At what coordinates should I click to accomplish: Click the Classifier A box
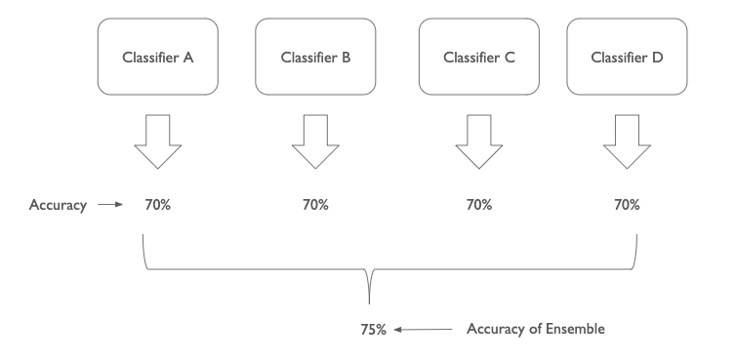tap(158, 58)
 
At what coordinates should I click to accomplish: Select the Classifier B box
tap(315, 58)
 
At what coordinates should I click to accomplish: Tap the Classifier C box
tap(479, 58)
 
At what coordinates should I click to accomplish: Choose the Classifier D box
tap(627, 58)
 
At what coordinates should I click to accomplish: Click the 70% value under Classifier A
tap(157, 205)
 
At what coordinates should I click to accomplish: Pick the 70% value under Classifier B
tap(315, 205)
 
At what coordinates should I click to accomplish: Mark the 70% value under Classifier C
tap(479, 205)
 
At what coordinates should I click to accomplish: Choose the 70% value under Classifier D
tap(627, 205)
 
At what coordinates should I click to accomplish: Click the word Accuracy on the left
tap(58, 205)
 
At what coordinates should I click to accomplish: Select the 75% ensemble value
tap(374, 330)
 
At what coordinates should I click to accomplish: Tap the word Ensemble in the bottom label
tap(576, 329)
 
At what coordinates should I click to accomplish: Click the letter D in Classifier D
tap(658, 58)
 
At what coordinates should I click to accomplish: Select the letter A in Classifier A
tap(188, 58)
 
